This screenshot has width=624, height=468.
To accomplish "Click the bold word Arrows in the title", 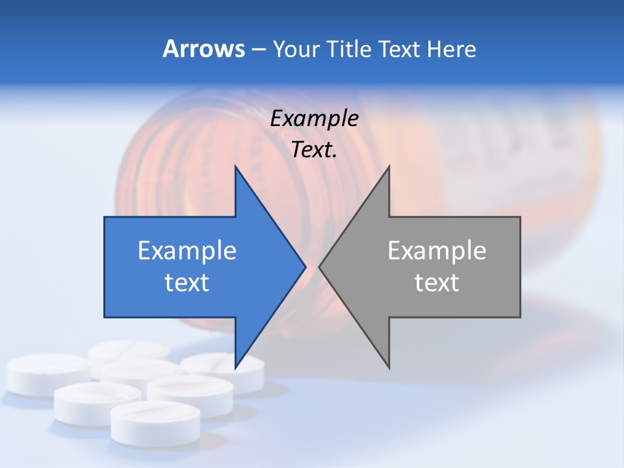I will [x=203, y=49].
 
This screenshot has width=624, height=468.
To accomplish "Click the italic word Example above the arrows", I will [x=315, y=119].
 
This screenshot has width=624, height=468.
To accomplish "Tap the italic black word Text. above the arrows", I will [x=315, y=150].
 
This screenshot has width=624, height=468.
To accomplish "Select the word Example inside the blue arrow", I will [x=187, y=251].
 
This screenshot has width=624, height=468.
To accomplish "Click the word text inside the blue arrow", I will [x=187, y=283].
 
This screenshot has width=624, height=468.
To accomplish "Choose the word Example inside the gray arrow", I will [x=437, y=251].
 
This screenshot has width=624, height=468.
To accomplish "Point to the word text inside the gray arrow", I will [x=437, y=283].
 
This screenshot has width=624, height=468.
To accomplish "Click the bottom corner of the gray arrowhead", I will [x=389, y=367].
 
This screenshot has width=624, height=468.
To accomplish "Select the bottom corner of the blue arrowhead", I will [x=236, y=367].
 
